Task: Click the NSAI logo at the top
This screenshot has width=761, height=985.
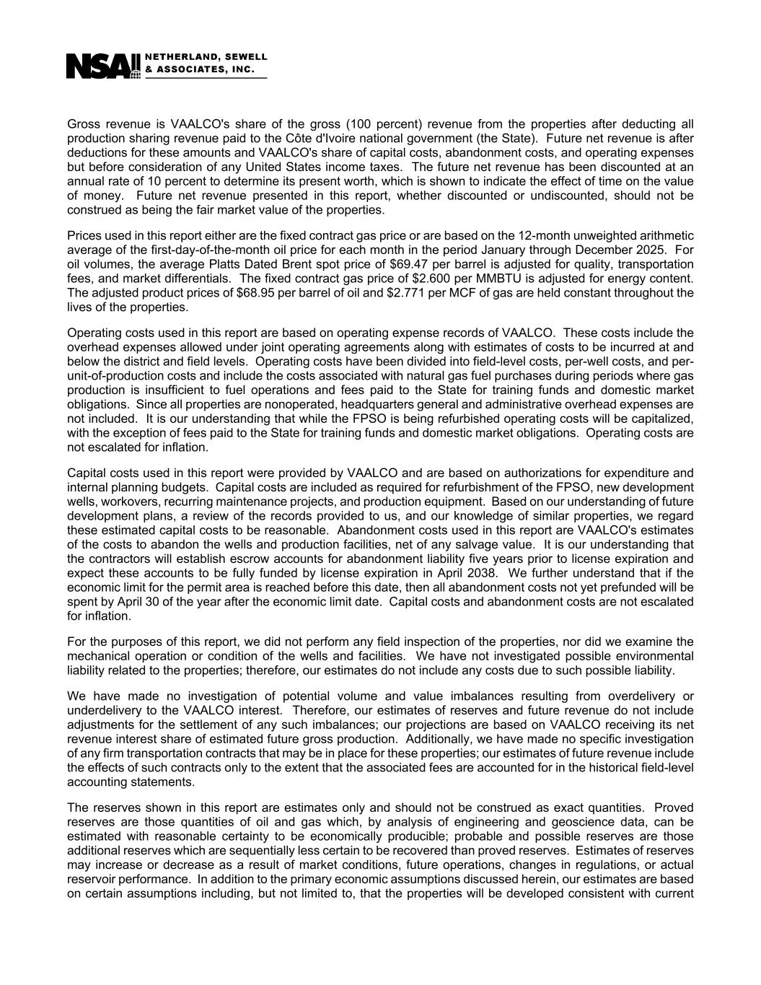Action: pos(102,66)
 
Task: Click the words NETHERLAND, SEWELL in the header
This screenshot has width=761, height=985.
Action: pos(206,56)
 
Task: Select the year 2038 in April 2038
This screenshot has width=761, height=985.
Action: pos(483,573)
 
